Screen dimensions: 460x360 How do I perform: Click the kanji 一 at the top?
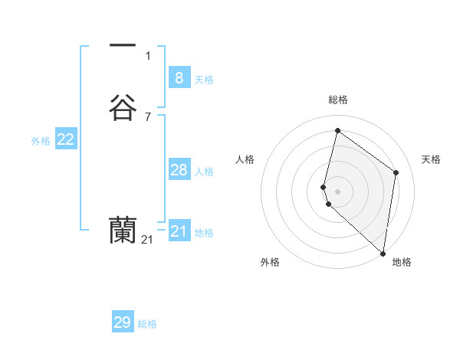(123, 46)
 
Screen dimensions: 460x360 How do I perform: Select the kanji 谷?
(123, 107)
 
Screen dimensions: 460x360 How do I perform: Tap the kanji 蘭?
(123, 230)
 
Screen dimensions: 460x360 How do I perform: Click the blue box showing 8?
(179, 77)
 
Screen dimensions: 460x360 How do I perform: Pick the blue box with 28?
(179, 170)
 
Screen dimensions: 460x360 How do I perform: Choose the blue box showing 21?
(179, 231)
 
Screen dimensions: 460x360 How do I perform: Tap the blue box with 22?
(65, 139)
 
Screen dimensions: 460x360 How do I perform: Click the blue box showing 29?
(122, 322)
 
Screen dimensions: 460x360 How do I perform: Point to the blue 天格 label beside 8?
(204, 80)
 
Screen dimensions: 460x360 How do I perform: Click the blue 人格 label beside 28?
(204, 172)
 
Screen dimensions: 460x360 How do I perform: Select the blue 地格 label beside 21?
(204, 233)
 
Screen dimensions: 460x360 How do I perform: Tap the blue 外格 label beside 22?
(41, 141)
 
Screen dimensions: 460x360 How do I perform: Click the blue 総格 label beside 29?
(147, 324)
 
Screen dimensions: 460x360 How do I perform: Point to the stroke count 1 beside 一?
(148, 55)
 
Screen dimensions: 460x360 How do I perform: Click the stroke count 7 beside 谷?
(148, 116)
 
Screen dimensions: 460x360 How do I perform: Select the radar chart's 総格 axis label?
(338, 100)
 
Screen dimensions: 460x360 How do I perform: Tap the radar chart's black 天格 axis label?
(431, 159)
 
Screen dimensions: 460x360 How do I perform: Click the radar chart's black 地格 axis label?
(402, 262)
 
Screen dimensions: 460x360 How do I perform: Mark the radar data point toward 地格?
(383, 253)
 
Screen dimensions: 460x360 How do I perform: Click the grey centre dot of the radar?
(338, 191)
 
